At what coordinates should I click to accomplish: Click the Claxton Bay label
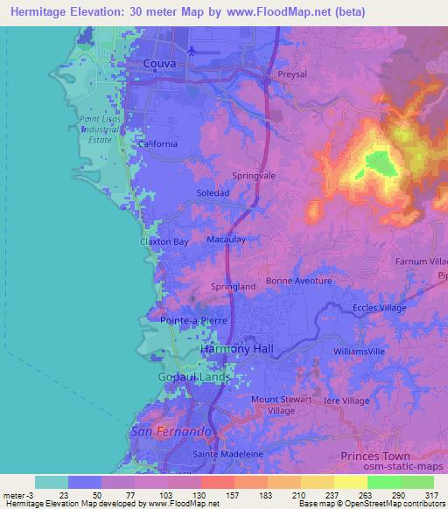coord(164,241)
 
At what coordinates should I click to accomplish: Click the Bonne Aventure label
coord(299,281)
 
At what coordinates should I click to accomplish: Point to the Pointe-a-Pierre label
coord(193,321)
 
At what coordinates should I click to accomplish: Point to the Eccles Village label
coord(381,308)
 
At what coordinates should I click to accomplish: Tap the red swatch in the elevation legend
coord(217,483)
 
